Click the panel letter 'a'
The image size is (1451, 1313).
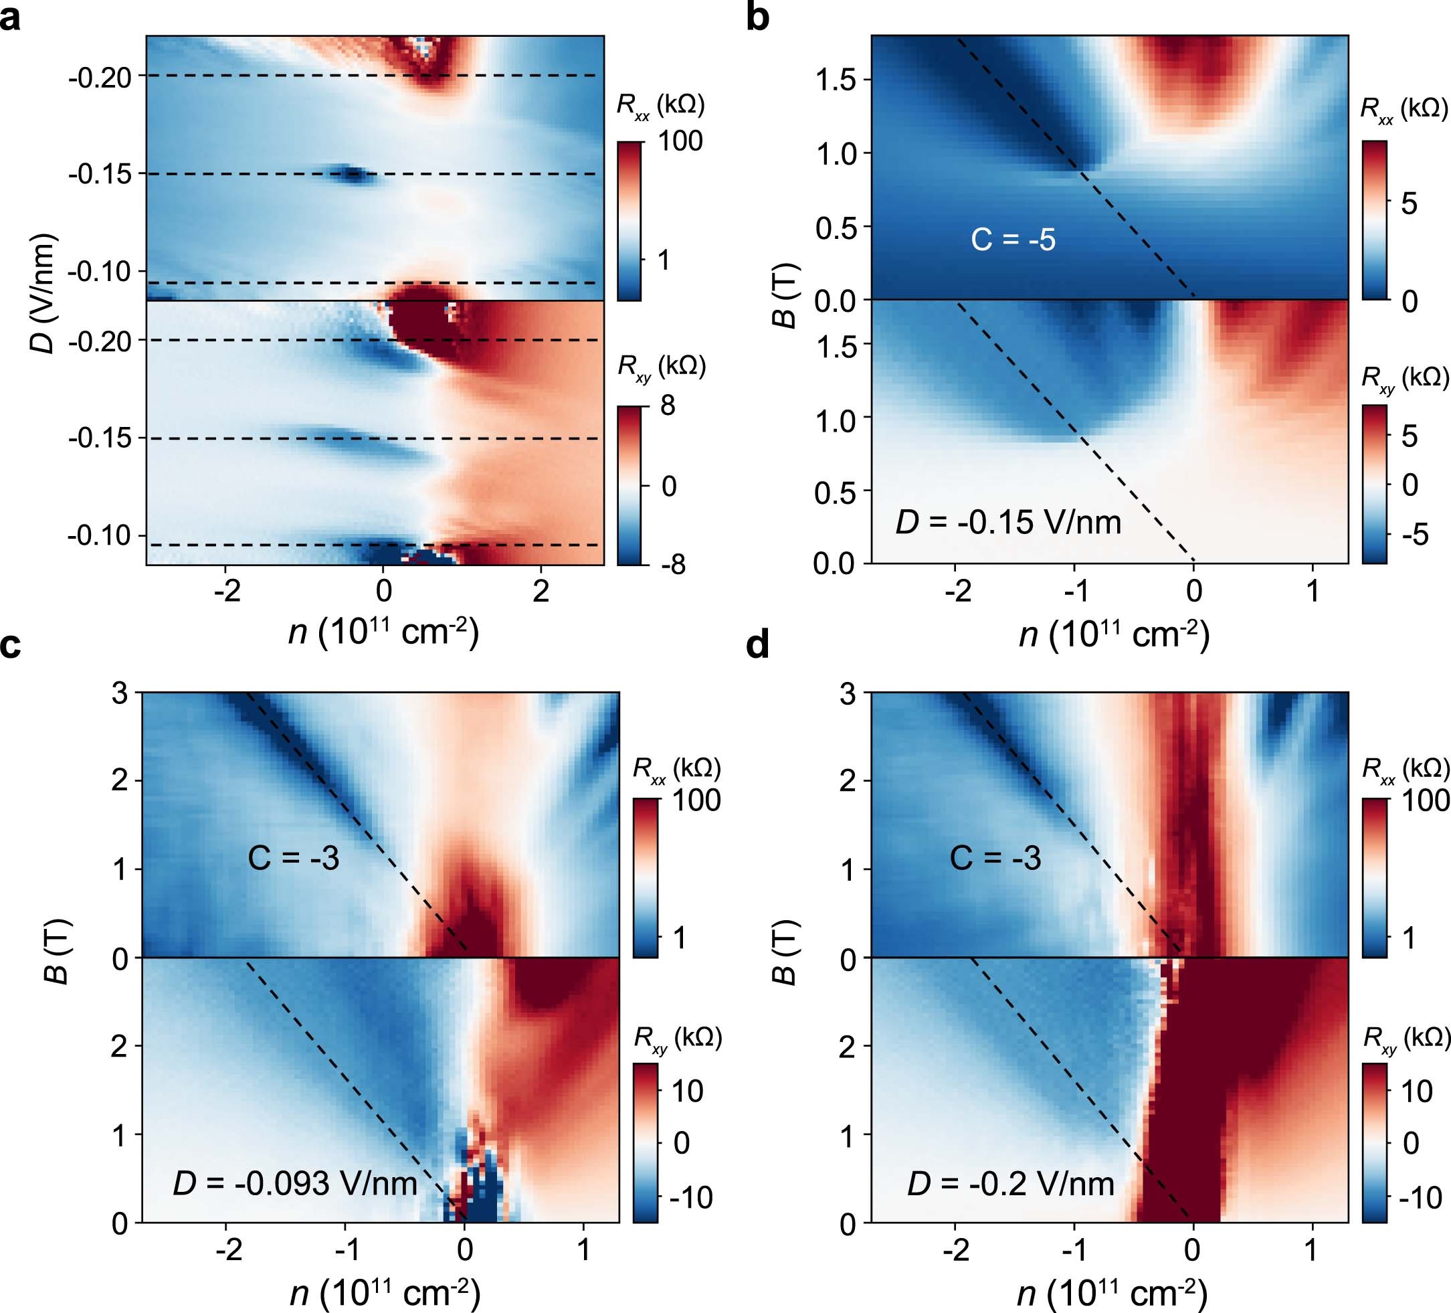[10, 18]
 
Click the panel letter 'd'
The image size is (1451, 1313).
[758, 645]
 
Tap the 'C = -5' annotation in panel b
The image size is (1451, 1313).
[1013, 239]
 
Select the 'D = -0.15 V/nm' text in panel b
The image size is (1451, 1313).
[1007, 522]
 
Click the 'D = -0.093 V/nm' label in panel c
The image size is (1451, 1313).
[294, 1183]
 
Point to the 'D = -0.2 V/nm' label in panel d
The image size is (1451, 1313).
[1011, 1183]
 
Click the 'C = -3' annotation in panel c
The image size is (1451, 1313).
[293, 858]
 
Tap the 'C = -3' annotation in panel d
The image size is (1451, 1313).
[995, 858]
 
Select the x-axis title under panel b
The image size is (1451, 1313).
[1113, 634]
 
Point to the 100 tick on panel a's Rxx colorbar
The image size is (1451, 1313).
[680, 141]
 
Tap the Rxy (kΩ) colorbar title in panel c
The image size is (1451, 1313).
[677, 1039]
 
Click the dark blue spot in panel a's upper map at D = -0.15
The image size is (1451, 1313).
[353, 173]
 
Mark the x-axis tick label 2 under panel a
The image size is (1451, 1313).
[541, 591]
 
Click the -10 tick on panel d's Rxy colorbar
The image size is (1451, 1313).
[1420, 1197]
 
